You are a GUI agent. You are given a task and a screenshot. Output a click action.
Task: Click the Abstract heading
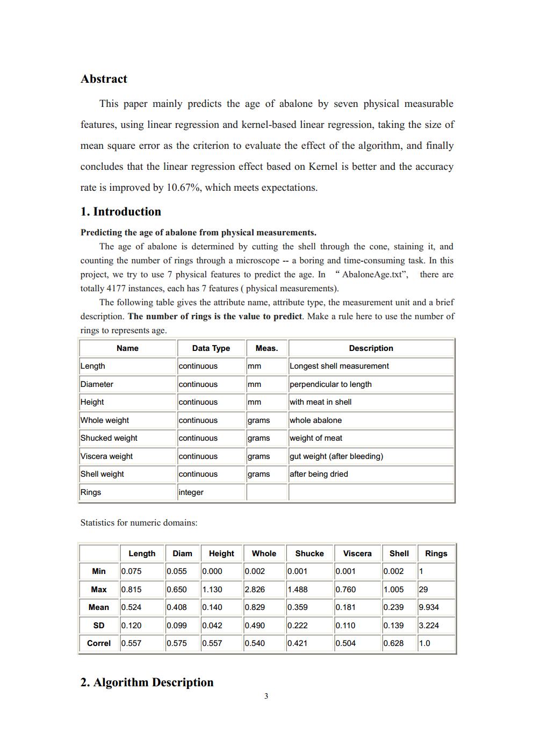[104, 79]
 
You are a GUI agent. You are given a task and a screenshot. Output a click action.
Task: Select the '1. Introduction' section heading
[120, 212]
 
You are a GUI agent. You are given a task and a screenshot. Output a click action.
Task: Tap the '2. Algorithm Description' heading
[147, 683]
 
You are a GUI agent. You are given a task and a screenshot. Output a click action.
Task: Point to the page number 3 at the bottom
[266, 696]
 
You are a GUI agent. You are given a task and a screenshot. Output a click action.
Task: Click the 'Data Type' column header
[211, 348]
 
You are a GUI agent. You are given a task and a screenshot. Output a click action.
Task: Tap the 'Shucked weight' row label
[109, 438]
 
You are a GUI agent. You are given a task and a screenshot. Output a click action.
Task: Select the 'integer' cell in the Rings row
[191, 492]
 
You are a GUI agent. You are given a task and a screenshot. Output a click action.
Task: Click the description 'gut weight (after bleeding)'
[336, 456]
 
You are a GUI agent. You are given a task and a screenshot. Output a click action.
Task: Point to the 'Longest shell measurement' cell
[339, 366]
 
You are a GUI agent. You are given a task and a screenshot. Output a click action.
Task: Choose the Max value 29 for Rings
[423, 590]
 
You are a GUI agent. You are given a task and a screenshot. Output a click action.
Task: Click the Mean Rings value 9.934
[429, 607]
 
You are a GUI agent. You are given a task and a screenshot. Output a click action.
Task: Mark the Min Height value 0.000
[212, 571]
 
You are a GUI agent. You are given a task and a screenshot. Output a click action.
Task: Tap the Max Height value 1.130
[212, 590]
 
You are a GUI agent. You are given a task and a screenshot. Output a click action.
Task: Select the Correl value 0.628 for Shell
[393, 643]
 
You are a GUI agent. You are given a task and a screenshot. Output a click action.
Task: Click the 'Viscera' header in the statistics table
[357, 554]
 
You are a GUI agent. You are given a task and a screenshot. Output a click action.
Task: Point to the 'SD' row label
[99, 626]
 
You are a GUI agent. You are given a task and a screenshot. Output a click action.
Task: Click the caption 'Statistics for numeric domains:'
[139, 522]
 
